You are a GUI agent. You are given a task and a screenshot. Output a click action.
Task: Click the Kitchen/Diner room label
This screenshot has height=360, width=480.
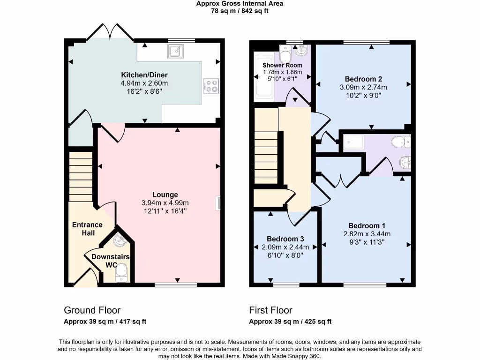tap(144, 75)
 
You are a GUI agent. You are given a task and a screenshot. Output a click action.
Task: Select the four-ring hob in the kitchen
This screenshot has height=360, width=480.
tap(211, 86)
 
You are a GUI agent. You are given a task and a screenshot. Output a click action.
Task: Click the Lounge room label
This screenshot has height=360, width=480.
tap(165, 195)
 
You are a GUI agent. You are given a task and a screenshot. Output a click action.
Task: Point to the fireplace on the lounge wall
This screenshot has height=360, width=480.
tap(218, 203)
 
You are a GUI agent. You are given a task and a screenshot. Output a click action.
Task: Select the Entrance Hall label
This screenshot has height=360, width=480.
tap(87, 229)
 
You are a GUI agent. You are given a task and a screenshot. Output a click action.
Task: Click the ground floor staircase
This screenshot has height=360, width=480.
tap(81, 176)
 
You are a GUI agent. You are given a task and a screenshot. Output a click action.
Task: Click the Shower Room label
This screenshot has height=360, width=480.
tap(282, 65)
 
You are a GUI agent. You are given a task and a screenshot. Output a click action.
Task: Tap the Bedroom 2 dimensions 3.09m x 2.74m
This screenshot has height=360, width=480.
tap(363, 87)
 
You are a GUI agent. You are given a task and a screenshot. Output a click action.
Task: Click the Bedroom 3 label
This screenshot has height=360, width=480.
tap(285, 239)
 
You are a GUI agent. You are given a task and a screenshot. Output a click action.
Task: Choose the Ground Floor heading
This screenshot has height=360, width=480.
tap(92, 310)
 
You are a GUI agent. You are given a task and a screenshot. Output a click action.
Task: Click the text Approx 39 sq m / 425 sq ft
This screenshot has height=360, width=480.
tap(290, 322)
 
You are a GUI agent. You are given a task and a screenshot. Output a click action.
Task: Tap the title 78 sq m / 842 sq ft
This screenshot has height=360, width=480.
tap(240, 11)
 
